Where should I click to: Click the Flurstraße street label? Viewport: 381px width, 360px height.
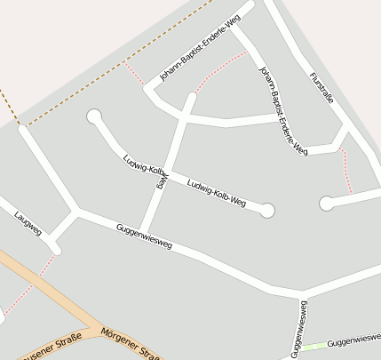321,88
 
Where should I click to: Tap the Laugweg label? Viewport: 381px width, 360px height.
28,224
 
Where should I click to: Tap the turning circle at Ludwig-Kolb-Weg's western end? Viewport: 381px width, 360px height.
94,116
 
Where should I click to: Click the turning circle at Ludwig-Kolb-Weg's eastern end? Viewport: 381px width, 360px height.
267,211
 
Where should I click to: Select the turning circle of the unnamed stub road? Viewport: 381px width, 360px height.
326,204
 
